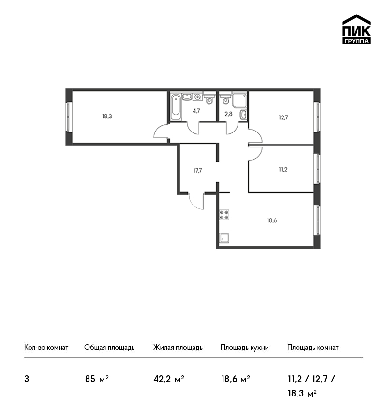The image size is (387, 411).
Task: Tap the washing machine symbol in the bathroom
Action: click(x=198, y=96)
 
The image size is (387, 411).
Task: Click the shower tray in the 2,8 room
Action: click(x=239, y=100)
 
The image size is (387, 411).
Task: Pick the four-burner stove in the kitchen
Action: click(x=224, y=215)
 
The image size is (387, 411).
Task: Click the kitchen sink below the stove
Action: click(x=224, y=238)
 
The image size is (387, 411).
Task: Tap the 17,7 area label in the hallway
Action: click(x=198, y=171)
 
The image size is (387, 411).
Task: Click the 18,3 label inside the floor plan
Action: click(x=107, y=116)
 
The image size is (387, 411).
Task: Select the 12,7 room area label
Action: click(x=283, y=117)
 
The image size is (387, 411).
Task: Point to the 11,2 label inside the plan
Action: click(x=283, y=170)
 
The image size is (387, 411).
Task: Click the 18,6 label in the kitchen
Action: click(x=272, y=220)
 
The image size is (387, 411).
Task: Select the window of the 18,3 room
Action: click(x=69, y=117)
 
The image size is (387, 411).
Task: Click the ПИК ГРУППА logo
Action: click(x=357, y=29)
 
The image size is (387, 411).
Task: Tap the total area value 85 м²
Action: click(x=97, y=379)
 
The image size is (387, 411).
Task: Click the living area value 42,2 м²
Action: click(x=169, y=379)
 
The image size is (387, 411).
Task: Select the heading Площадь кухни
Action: click(x=245, y=347)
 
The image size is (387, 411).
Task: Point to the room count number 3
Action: click(x=27, y=379)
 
